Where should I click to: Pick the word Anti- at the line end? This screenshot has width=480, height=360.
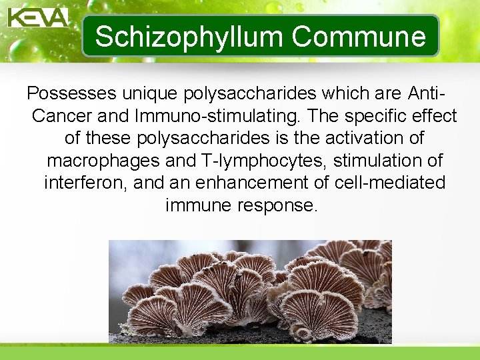tap(427, 93)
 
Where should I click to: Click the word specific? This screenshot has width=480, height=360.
tap(384, 116)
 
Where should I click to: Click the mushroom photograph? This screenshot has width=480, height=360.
tap(250, 291)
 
